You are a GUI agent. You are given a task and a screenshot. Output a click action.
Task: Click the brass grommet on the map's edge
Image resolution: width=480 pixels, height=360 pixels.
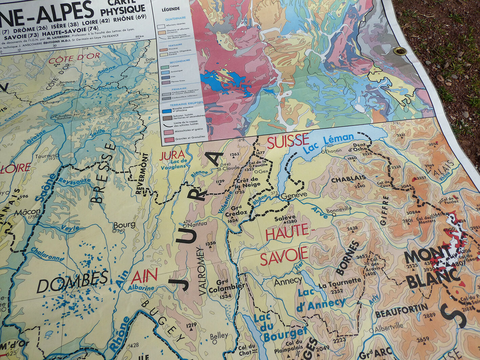(x=400, y=51)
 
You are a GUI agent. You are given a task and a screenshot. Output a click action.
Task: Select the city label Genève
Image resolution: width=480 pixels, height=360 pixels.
(x=294, y=195)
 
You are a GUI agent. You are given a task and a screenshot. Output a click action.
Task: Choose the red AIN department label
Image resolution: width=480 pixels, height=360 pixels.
(x=144, y=276)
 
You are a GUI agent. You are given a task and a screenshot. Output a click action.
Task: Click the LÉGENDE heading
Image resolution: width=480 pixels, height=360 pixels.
(x=171, y=9)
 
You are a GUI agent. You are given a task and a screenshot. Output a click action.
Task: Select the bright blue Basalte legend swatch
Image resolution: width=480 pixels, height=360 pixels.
(x=166, y=110)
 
